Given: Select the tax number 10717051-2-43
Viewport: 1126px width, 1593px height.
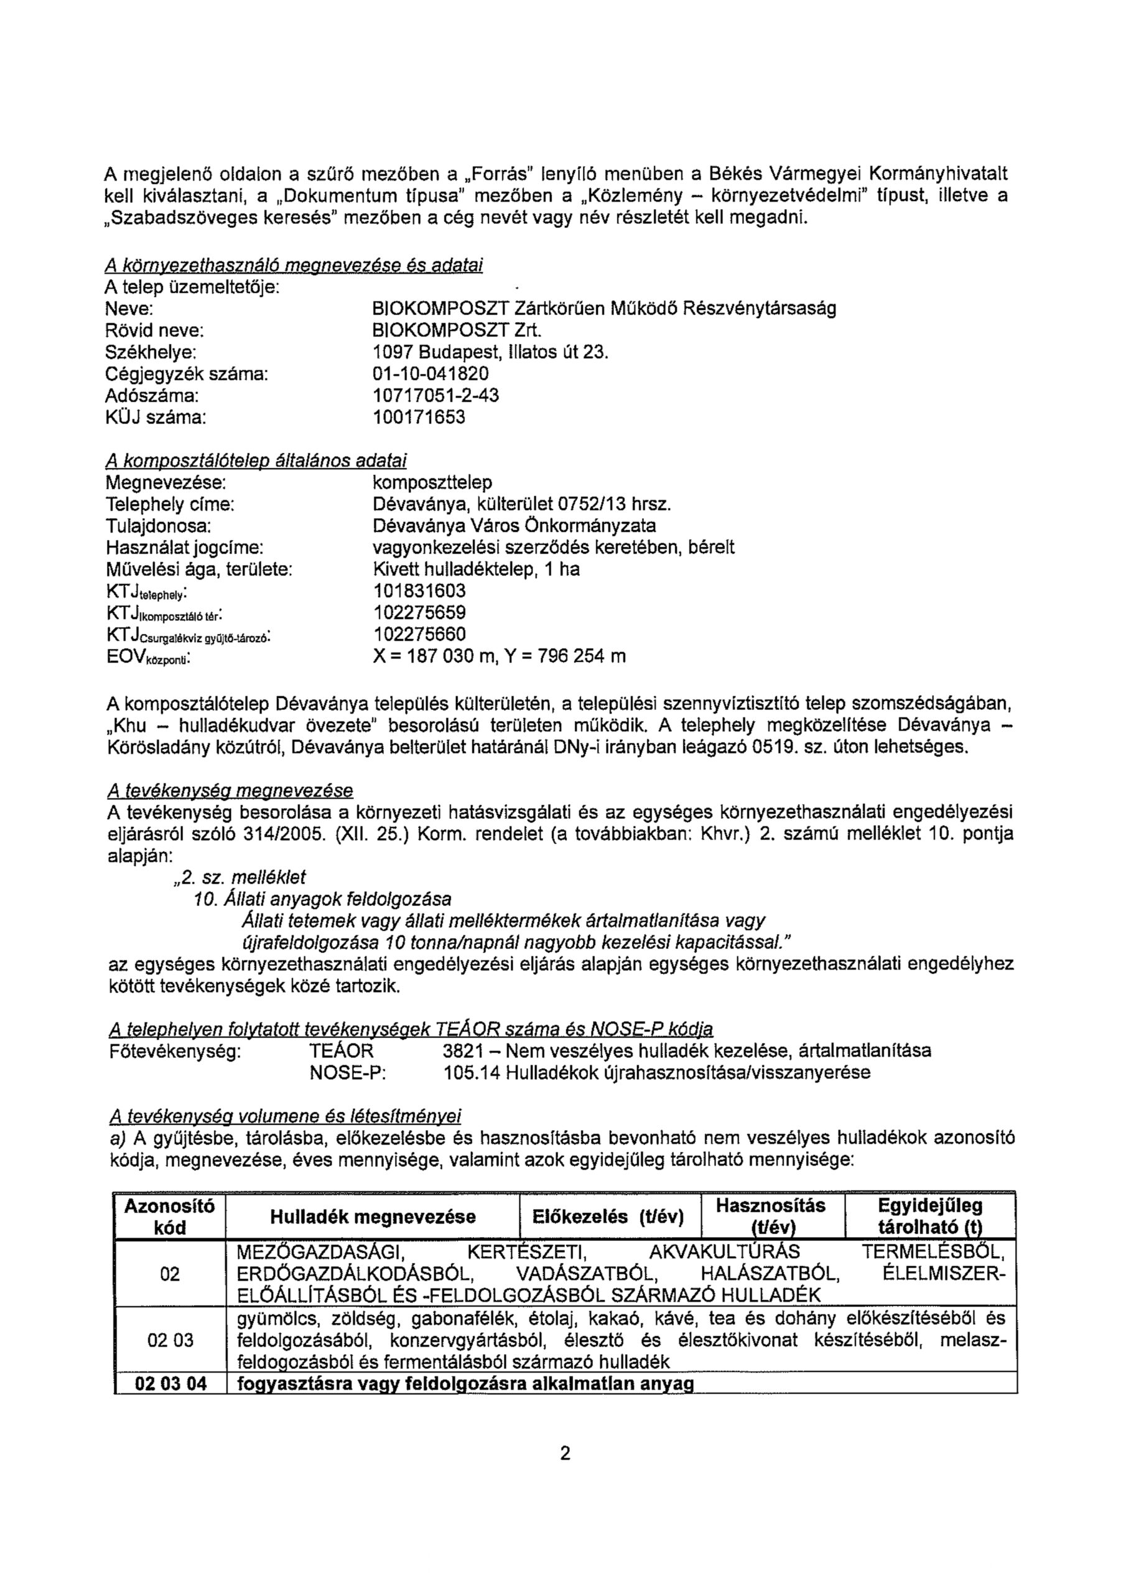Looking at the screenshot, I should click(435, 396).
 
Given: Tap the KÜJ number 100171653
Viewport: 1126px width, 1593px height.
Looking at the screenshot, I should click(419, 418).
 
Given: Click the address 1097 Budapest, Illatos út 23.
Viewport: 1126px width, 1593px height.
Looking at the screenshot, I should click(490, 352).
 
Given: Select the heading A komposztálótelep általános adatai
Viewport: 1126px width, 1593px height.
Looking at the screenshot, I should click(256, 460).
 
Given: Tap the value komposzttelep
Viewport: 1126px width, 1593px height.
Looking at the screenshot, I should click(432, 482).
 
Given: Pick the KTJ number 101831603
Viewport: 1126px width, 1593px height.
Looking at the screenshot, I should click(419, 591).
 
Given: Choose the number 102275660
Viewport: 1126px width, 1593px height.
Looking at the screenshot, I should click(419, 634).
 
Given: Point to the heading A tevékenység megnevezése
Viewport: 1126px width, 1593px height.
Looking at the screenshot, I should click(230, 791).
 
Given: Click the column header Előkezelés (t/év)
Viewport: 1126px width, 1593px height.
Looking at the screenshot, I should click(608, 1217).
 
